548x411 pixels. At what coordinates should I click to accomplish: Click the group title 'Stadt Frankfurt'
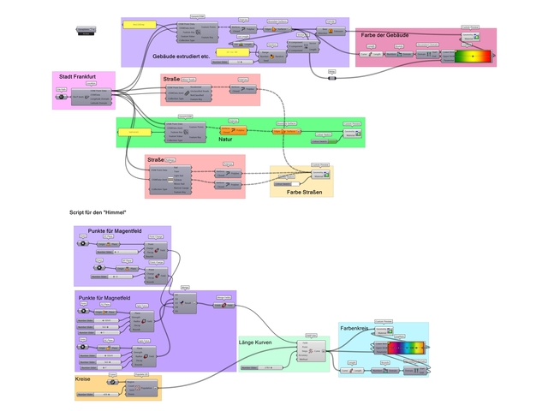point(76,76)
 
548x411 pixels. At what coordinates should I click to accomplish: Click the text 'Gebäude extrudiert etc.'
point(181,57)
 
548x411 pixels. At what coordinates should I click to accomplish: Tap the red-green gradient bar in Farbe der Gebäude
point(474,57)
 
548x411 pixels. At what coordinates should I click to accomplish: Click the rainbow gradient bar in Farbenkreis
point(407,348)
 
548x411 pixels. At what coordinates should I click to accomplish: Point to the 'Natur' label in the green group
point(225,139)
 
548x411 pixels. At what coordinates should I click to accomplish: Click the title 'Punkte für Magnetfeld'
point(104,297)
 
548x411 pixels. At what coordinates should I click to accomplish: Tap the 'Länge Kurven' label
point(257,342)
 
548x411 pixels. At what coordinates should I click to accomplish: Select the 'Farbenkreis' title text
point(355,327)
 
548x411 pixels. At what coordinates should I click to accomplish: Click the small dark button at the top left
point(86,30)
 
